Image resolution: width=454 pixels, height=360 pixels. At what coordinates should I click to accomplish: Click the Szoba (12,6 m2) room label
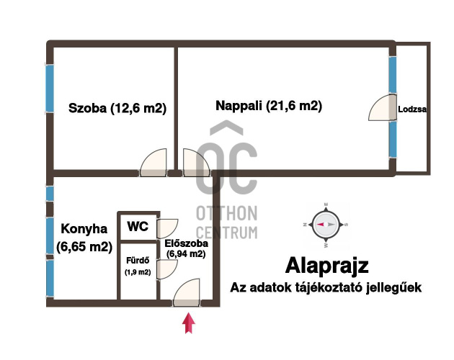[x=117, y=108]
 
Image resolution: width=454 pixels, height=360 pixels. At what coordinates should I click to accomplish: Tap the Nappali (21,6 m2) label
[x=269, y=106]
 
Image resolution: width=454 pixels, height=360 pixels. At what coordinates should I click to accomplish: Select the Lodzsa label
[x=412, y=109]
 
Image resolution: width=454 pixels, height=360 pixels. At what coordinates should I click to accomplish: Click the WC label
[x=138, y=226]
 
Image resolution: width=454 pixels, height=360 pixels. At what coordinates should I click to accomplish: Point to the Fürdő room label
[x=138, y=261]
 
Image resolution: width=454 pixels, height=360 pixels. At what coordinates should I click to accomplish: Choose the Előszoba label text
[x=186, y=243]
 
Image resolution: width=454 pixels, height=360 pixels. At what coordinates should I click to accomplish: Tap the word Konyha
[x=84, y=229]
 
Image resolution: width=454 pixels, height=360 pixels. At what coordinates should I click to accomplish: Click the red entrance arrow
[x=189, y=323]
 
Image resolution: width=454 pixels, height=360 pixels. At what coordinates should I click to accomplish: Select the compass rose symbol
[x=326, y=225]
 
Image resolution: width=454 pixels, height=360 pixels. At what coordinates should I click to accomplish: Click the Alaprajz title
[x=327, y=266]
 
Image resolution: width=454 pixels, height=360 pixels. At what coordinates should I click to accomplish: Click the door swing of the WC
[x=167, y=229]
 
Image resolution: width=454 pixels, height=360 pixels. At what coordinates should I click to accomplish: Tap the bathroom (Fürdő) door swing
[x=167, y=270]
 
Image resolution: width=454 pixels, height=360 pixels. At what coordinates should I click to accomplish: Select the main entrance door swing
[x=187, y=292]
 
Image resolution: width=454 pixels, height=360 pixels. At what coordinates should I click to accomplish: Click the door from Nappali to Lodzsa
[x=382, y=107]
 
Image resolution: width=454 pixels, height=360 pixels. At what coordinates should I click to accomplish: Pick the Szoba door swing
[x=153, y=162]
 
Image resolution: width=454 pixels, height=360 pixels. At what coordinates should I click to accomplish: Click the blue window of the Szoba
[x=50, y=89]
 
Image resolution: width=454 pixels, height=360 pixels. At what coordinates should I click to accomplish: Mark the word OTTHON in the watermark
[x=227, y=214]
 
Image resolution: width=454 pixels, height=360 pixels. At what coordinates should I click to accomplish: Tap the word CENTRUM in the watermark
[x=227, y=233]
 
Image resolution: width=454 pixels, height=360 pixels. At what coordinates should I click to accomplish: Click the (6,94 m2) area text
[x=186, y=254]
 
